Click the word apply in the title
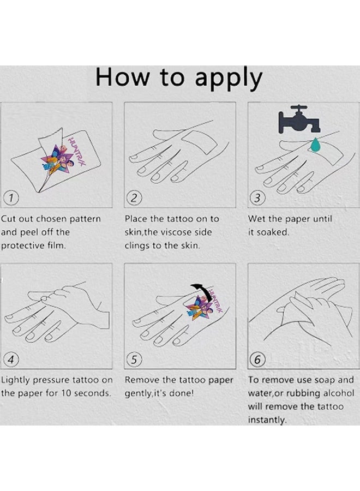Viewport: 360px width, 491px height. click(229, 79)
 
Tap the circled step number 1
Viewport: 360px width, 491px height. click(11, 198)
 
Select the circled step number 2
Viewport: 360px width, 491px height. click(134, 198)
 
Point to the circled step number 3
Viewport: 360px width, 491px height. click(257, 198)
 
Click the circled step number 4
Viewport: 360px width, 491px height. click(11, 360)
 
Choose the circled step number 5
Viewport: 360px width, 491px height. click(134, 360)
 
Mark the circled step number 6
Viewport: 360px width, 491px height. click(257, 360)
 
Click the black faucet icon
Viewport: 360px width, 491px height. click(299, 119)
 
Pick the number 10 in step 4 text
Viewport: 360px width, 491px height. click(66, 393)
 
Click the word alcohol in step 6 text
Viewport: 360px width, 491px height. click(339, 393)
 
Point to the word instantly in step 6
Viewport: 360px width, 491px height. click(267, 420)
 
